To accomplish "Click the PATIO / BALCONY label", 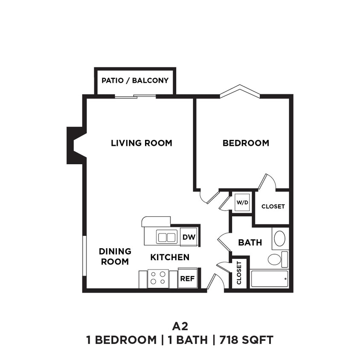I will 135,80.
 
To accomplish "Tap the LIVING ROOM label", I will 142,143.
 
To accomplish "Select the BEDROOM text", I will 246,143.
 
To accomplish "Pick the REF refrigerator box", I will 187,279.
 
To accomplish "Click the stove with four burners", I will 158,278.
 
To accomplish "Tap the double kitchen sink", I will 166,236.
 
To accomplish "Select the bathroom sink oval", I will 280,238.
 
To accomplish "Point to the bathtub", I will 269,279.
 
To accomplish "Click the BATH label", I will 250,243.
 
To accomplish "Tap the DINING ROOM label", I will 115,256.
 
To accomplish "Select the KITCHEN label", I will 170,257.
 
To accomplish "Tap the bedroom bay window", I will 240,91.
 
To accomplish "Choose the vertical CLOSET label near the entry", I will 239,273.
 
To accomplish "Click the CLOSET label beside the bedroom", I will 273,206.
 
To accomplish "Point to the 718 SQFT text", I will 246,340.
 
